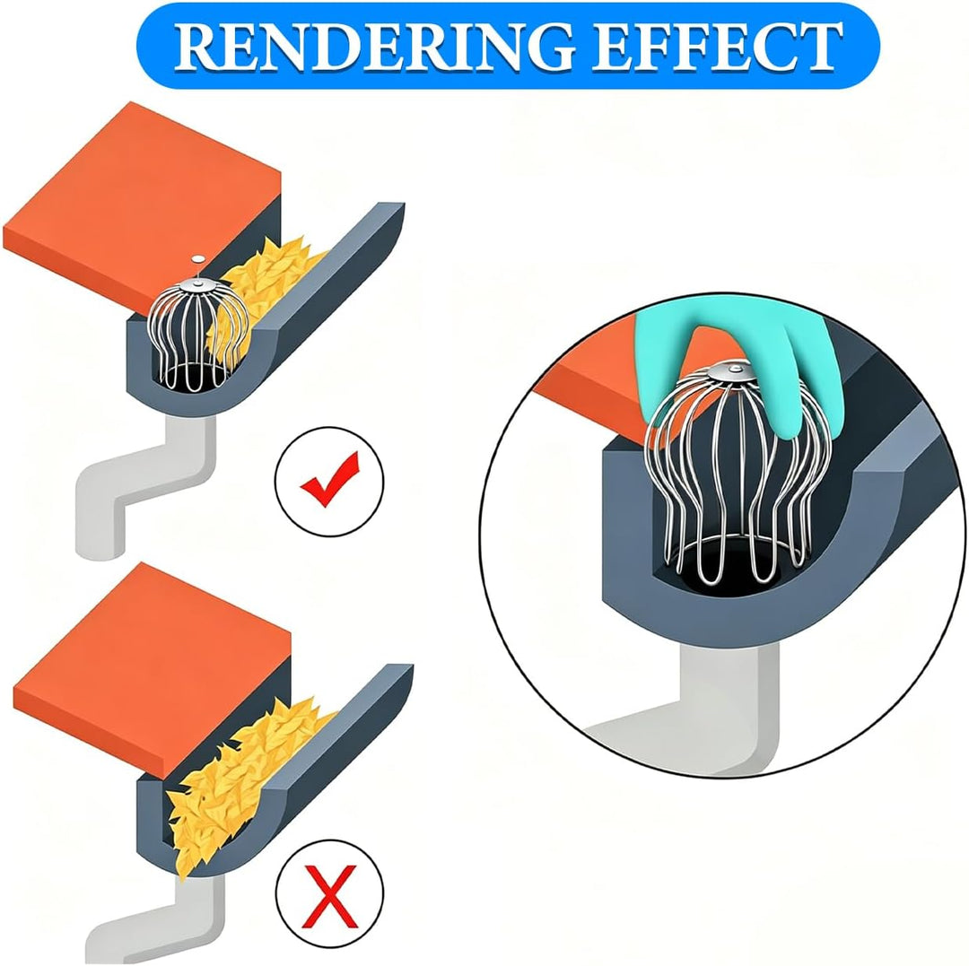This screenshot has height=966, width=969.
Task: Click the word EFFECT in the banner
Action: (x=718, y=47)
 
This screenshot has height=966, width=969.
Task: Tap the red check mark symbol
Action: (x=329, y=480)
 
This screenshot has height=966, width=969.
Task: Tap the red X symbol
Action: (x=330, y=896)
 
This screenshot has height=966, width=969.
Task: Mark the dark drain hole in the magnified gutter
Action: (x=723, y=565)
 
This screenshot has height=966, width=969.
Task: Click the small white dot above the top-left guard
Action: (x=197, y=259)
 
